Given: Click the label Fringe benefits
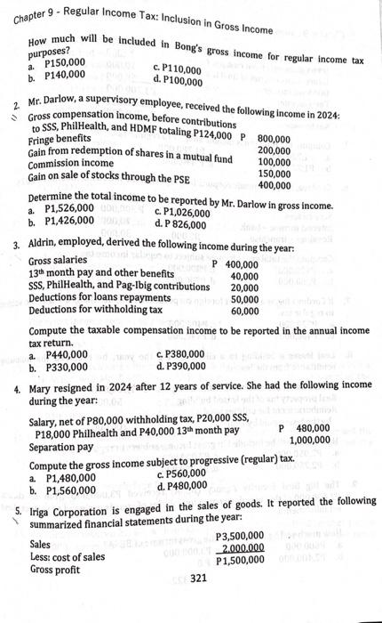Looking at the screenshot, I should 59,141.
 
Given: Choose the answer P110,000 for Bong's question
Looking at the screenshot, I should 182,68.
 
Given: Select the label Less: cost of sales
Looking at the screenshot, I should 68,557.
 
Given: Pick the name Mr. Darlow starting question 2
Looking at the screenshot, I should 49,104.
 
